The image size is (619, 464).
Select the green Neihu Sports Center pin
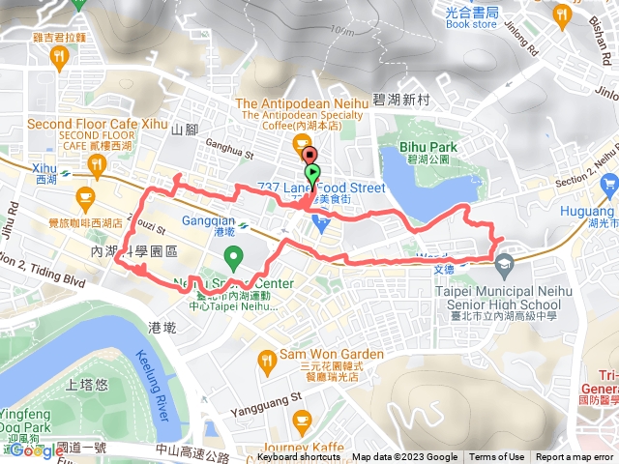click(x=232, y=258)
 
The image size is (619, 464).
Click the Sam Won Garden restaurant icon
click(x=268, y=362)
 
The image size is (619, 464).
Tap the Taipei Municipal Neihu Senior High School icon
click(x=503, y=263)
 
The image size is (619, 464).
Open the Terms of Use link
click(x=497, y=457)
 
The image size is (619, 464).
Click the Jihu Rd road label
click(x=12, y=222)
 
